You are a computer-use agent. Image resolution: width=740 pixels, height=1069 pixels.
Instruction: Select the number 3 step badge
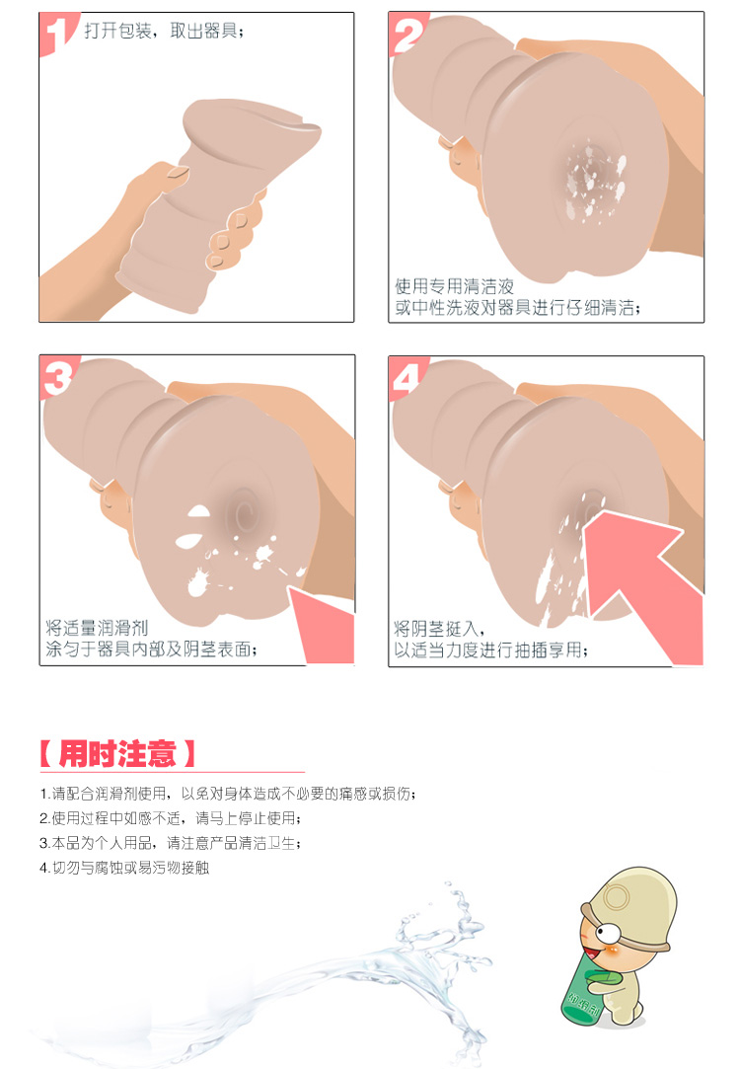(x=57, y=377)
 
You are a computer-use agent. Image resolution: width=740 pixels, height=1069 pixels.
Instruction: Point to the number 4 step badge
(x=407, y=378)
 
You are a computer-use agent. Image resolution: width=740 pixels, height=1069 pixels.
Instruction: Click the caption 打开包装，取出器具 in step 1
(x=164, y=31)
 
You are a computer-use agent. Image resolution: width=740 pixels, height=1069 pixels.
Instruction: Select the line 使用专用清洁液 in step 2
(x=455, y=286)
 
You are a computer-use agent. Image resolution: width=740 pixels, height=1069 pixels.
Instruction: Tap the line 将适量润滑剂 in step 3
(x=97, y=627)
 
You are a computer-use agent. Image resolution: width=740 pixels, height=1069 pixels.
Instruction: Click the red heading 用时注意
(x=117, y=754)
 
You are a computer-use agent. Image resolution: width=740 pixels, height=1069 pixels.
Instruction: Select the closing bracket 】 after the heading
(x=188, y=754)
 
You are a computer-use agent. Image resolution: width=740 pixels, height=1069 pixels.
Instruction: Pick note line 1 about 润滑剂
(x=228, y=794)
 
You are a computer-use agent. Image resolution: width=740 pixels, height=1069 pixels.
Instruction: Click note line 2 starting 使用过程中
(x=171, y=818)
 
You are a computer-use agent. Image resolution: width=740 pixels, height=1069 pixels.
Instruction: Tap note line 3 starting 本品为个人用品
(x=170, y=843)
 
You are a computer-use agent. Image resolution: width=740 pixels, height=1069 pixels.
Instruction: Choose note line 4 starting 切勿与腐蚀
(x=124, y=868)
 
